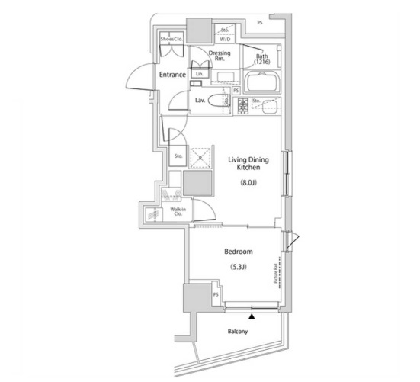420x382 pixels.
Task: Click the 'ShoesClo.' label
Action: click(171, 38)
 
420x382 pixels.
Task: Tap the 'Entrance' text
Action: click(173, 75)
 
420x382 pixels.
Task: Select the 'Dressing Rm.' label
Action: click(221, 56)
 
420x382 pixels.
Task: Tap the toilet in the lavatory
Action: click(219, 101)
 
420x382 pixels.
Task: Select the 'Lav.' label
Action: click(200, 101)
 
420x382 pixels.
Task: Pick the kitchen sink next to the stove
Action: click(267, 105)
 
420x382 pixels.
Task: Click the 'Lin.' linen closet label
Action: click(200, 74)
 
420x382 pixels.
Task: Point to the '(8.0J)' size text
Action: click(249, 183)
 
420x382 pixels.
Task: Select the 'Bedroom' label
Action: click(239, 251)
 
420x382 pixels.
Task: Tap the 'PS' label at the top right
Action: click(261, 23)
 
